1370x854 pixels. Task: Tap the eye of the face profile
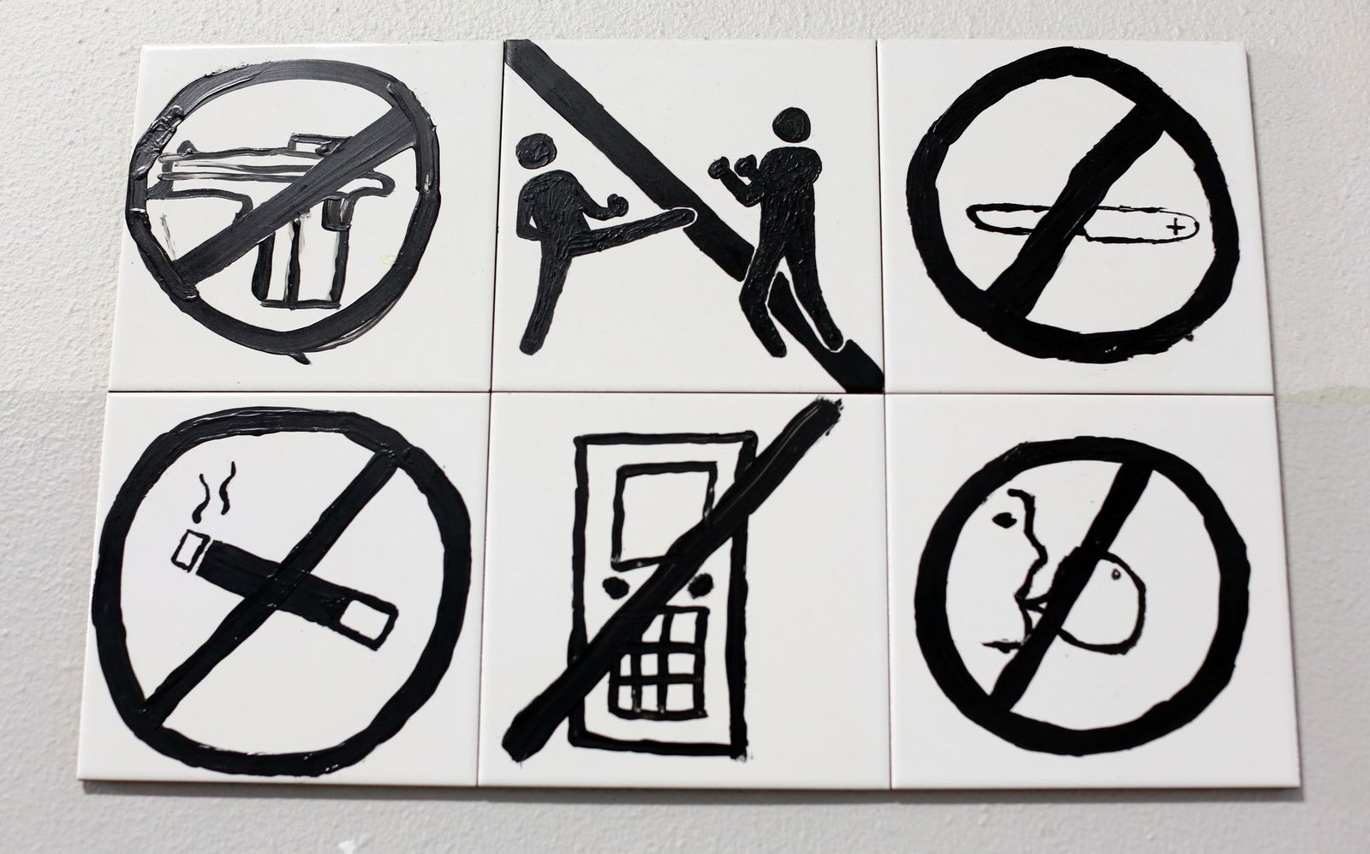coord(1004,517)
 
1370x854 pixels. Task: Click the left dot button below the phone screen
coord(614,586)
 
